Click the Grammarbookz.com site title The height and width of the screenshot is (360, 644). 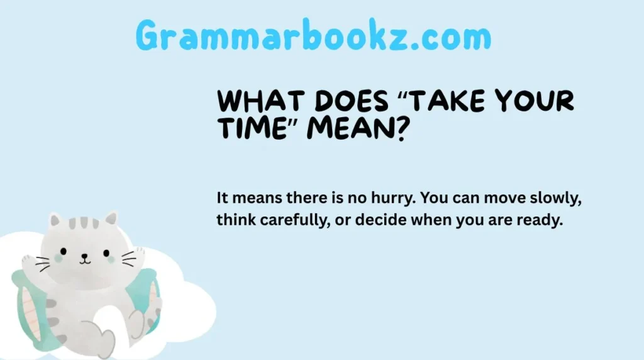pos(313,37)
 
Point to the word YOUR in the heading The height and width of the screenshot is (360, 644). pos(536,101)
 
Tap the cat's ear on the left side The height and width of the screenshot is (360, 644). pos(55,220)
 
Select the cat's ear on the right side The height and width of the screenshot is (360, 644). pos(111,218)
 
